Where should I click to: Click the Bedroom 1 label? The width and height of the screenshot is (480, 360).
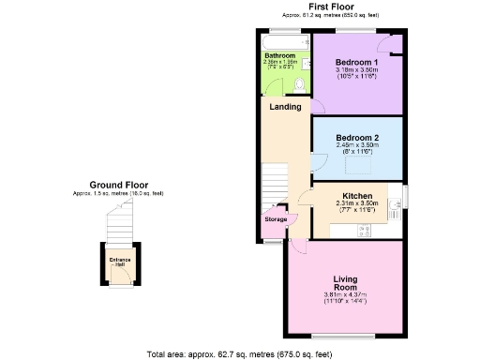click(355, 62)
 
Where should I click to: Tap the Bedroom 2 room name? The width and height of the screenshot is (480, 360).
click(355, 139)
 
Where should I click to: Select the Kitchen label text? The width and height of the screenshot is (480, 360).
click(355, 195)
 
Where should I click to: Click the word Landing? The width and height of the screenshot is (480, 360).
click(285, 107)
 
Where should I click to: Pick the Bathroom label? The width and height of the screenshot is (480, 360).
click(279, 56)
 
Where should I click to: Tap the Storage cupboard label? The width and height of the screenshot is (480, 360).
click(275, 219)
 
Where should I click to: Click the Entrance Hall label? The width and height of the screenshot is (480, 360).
click(119, 262)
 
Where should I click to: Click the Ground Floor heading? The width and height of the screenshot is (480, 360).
click(118, 185)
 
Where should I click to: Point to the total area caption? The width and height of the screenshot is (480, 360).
click(239, 353)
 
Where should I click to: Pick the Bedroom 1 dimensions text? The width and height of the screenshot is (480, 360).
click(355, 72)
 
